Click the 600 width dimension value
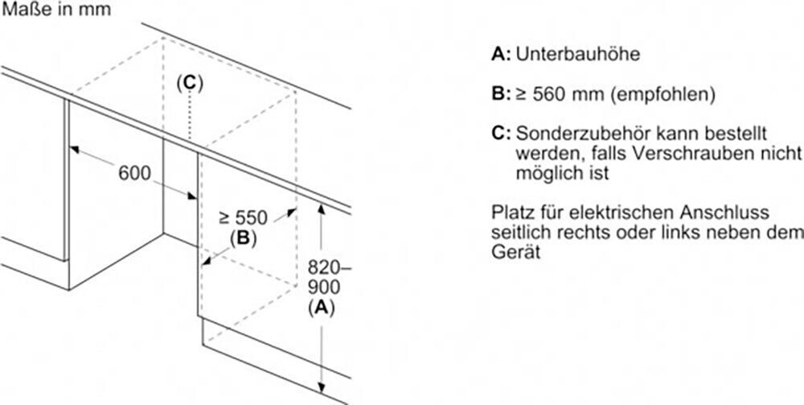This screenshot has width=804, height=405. [x=134, y=173]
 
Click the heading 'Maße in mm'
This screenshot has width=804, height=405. [x=55, y=10]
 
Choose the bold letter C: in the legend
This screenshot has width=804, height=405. [x=500, y=132]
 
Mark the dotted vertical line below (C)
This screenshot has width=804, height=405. [x=189, y=117]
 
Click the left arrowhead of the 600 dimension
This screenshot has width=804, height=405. [x=72, y=148]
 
